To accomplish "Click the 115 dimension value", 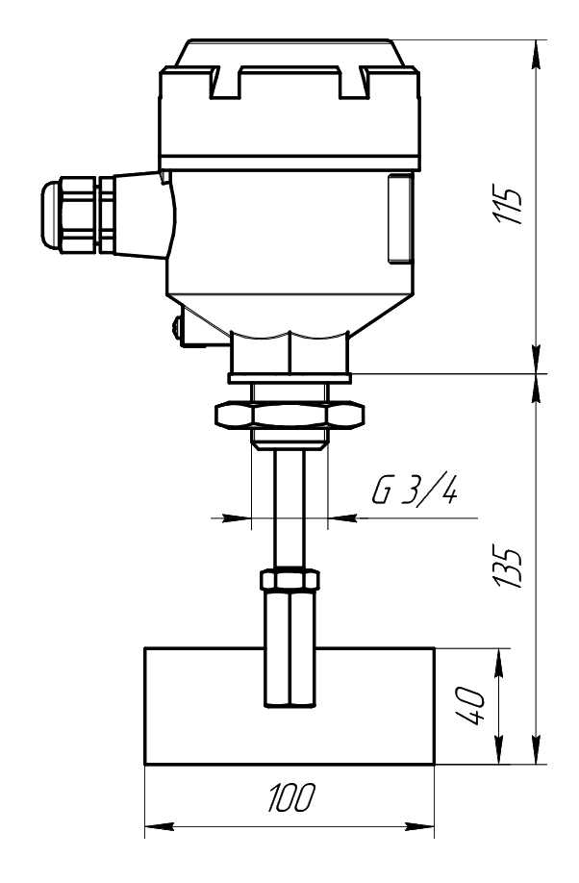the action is click(x=509, y=204).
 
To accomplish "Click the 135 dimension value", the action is click(x=509, y=567).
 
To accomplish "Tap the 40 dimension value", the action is click(x=470, y=706).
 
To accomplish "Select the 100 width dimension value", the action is click(x=291, y=798).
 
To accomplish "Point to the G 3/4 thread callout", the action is click(x=415, y=490).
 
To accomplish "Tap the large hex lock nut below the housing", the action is click(x=290, y=415).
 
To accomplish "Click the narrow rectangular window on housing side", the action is click(x=400, y=218).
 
